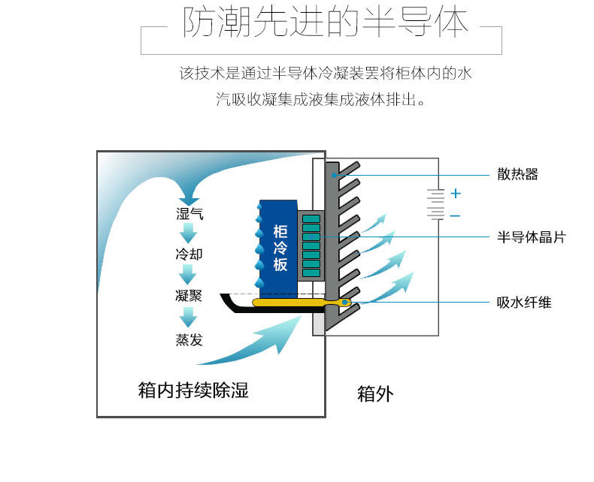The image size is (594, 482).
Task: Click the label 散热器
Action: [517, 174]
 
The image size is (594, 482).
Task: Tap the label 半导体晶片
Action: [531, 237]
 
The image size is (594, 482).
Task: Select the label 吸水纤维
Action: [524, 303]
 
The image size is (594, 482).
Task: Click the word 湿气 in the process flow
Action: [189, 214]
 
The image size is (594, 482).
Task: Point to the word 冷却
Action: [189, 255]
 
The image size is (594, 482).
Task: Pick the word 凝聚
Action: [189, 296]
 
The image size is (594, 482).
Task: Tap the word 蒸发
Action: [189, 339]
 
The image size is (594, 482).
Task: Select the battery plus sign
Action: [456, 194]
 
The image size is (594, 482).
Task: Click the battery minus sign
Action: [456, 215]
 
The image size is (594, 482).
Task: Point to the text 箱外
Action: [375, 394]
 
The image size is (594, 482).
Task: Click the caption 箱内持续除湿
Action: [193, 390]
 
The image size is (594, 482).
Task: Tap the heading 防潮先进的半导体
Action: [326, 23]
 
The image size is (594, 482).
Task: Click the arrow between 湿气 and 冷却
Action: [188, 233]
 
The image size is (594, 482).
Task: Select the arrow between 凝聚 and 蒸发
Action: [188, 317]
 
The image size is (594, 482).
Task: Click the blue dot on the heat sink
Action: [334, 175]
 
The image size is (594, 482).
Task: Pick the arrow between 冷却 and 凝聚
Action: [188, 275]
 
